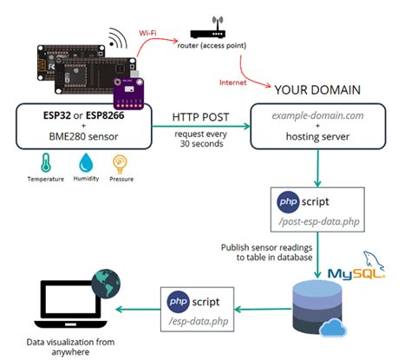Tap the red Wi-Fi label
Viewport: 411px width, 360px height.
tap(148, 32)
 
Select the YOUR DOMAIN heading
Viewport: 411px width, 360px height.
tap(320, 90)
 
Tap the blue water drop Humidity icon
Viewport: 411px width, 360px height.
tap(84, 162)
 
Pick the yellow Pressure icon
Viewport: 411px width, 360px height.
tap(120, 162)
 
